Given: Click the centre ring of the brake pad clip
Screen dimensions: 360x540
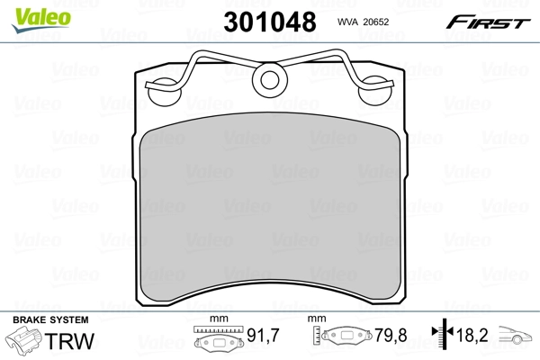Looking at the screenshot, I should coord(269,82).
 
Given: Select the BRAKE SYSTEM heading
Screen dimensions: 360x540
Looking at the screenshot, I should coord(49,320).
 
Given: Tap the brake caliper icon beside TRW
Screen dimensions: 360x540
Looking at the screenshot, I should coord(27,342).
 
